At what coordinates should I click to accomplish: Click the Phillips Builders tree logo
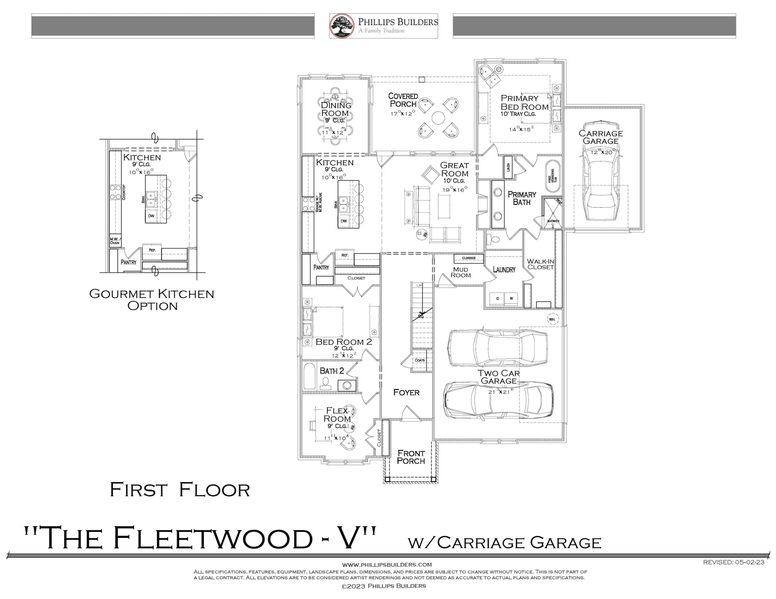tap(342, 26)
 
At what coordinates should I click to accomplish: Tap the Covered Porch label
tap(403, 100)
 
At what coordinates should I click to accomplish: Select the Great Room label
tap(454, 169)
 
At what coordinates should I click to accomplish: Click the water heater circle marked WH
tap(552, 319)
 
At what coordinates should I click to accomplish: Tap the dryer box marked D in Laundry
tap(497, 299)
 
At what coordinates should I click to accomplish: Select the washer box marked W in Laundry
tap(511, 299)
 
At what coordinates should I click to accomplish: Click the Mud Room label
tap(460, 272)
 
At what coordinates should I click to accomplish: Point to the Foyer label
tap(406, 393)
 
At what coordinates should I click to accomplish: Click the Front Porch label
tap(411, 457)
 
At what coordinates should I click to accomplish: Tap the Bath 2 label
tap(332, 371)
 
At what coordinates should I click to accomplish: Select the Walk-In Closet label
tap(541, 264)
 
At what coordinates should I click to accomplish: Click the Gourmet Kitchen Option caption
tap(152, 300)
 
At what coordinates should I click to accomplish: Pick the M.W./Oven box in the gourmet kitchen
tap(115, 241)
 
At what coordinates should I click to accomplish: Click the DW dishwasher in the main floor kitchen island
tap(344, 221)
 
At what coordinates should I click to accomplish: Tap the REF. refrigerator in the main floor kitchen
tap(344, 255)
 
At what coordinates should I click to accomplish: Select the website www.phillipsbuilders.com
tap(387, 565)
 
